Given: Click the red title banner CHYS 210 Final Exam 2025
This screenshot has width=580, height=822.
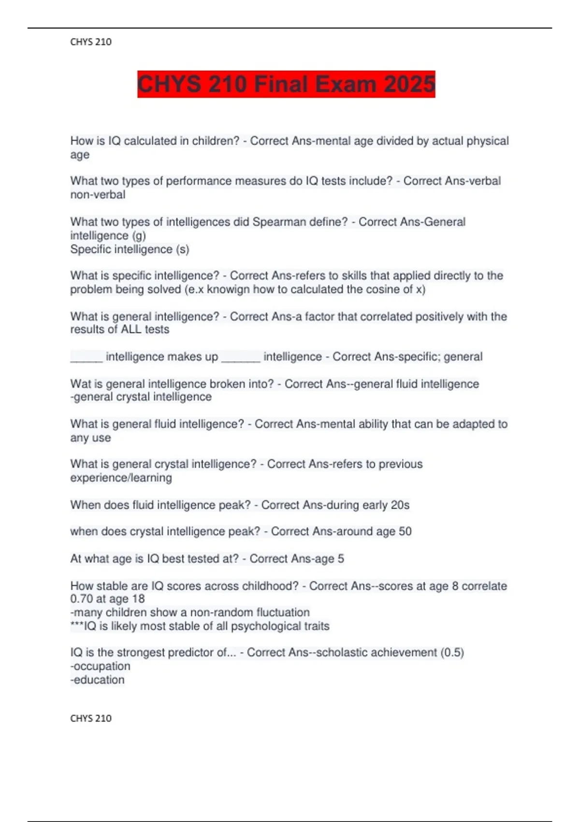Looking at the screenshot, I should coord(286,84).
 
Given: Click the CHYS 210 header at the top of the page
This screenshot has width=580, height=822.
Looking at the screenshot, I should coord(91,42).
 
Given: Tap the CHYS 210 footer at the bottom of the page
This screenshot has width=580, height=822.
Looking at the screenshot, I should coord(91,719).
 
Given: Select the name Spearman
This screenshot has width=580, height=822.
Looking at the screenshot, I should coord(276,222).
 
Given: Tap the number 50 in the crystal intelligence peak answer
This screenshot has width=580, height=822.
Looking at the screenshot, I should coord(405,531).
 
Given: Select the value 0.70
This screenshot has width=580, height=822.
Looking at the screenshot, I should coord(83,599).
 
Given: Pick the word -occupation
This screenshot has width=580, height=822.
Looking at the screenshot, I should coord(101,666).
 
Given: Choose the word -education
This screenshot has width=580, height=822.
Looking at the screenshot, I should coord(98,680).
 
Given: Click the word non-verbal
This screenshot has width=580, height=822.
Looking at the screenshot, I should coord(98,195).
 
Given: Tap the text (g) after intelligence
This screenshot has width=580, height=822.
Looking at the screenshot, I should coord(139,236).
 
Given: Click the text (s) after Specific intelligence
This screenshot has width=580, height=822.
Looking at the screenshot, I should coord(182,250).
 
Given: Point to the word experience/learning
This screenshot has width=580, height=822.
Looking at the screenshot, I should coord(121,478).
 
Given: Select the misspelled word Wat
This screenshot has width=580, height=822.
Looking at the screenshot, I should coord(79,384).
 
